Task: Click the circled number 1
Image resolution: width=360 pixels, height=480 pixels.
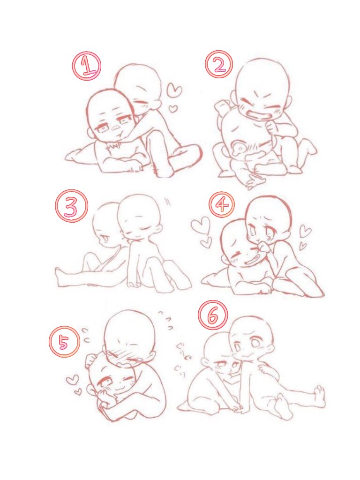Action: tap(87, 66)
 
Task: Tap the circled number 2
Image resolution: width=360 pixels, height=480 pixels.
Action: tap(219, 65)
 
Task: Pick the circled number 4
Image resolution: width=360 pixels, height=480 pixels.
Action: tap(222, 204)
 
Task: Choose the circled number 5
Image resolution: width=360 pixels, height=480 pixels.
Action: tap(65, 342)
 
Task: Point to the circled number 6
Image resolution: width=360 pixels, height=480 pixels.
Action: tap(213, 315)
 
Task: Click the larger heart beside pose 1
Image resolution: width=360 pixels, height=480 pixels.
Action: tap(175, 90)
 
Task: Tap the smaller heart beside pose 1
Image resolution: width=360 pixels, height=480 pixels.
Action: tap(173, 109)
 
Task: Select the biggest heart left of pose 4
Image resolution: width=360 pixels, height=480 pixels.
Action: tap(201, 225)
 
